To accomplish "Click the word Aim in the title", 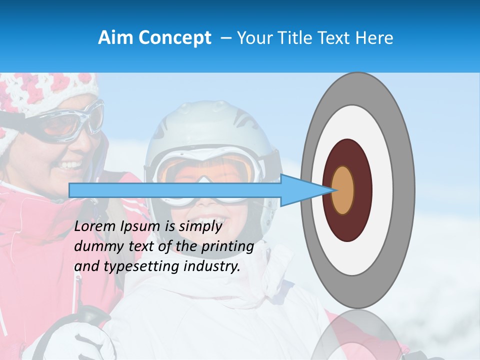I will [115, 38].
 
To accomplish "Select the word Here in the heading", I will [373, 38].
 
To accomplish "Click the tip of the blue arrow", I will [333, 190].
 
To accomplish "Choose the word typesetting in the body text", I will [137, 267].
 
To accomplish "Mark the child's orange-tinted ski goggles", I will [210, 172].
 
